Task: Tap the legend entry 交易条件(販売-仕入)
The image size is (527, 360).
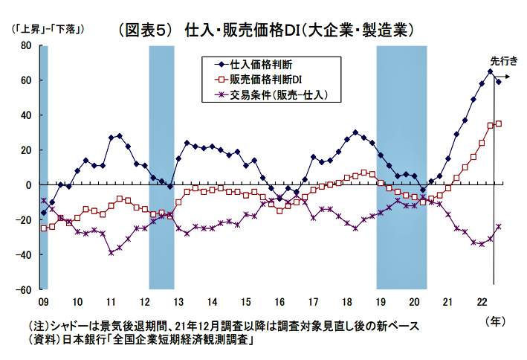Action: click(x=277, y=94)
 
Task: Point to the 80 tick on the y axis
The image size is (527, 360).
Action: click(x=25, y=45)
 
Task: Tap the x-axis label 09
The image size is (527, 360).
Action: click(x=43, y=302)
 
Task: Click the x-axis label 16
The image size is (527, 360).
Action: click(x=279, y=302)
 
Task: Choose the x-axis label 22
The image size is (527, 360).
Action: click(x=481, y=302)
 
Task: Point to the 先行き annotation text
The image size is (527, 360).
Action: click(x=504, y=61)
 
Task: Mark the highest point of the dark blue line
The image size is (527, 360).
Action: click(x=490, y=72)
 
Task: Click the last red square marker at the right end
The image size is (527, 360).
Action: click(x=499, y=123)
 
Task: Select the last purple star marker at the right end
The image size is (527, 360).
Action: click(x=499, y=226)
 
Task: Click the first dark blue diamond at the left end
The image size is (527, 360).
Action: click(x=44, y=213)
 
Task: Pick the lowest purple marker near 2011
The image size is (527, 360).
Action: click(x=111, y=252)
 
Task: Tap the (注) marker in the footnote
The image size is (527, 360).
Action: click(x=37, y=326)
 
